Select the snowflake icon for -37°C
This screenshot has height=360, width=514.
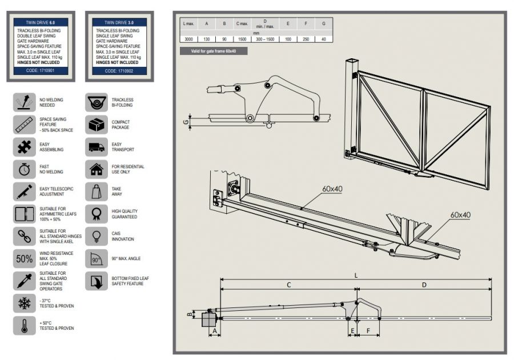25,303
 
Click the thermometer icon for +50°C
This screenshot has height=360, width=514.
25,325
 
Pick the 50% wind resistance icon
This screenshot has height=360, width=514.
25,258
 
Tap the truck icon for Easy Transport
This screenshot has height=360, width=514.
96,147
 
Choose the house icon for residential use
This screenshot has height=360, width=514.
96,169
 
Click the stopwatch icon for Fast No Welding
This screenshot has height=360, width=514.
25,169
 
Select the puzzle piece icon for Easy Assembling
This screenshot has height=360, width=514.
25,147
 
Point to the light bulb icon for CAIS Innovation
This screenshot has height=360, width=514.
96,236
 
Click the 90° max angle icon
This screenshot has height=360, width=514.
96,258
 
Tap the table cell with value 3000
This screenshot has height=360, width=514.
188,39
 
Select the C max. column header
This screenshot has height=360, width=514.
242,25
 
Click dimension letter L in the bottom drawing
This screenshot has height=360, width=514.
357,275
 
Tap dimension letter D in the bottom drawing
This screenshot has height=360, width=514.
424,284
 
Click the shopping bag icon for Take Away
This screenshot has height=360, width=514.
96,191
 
